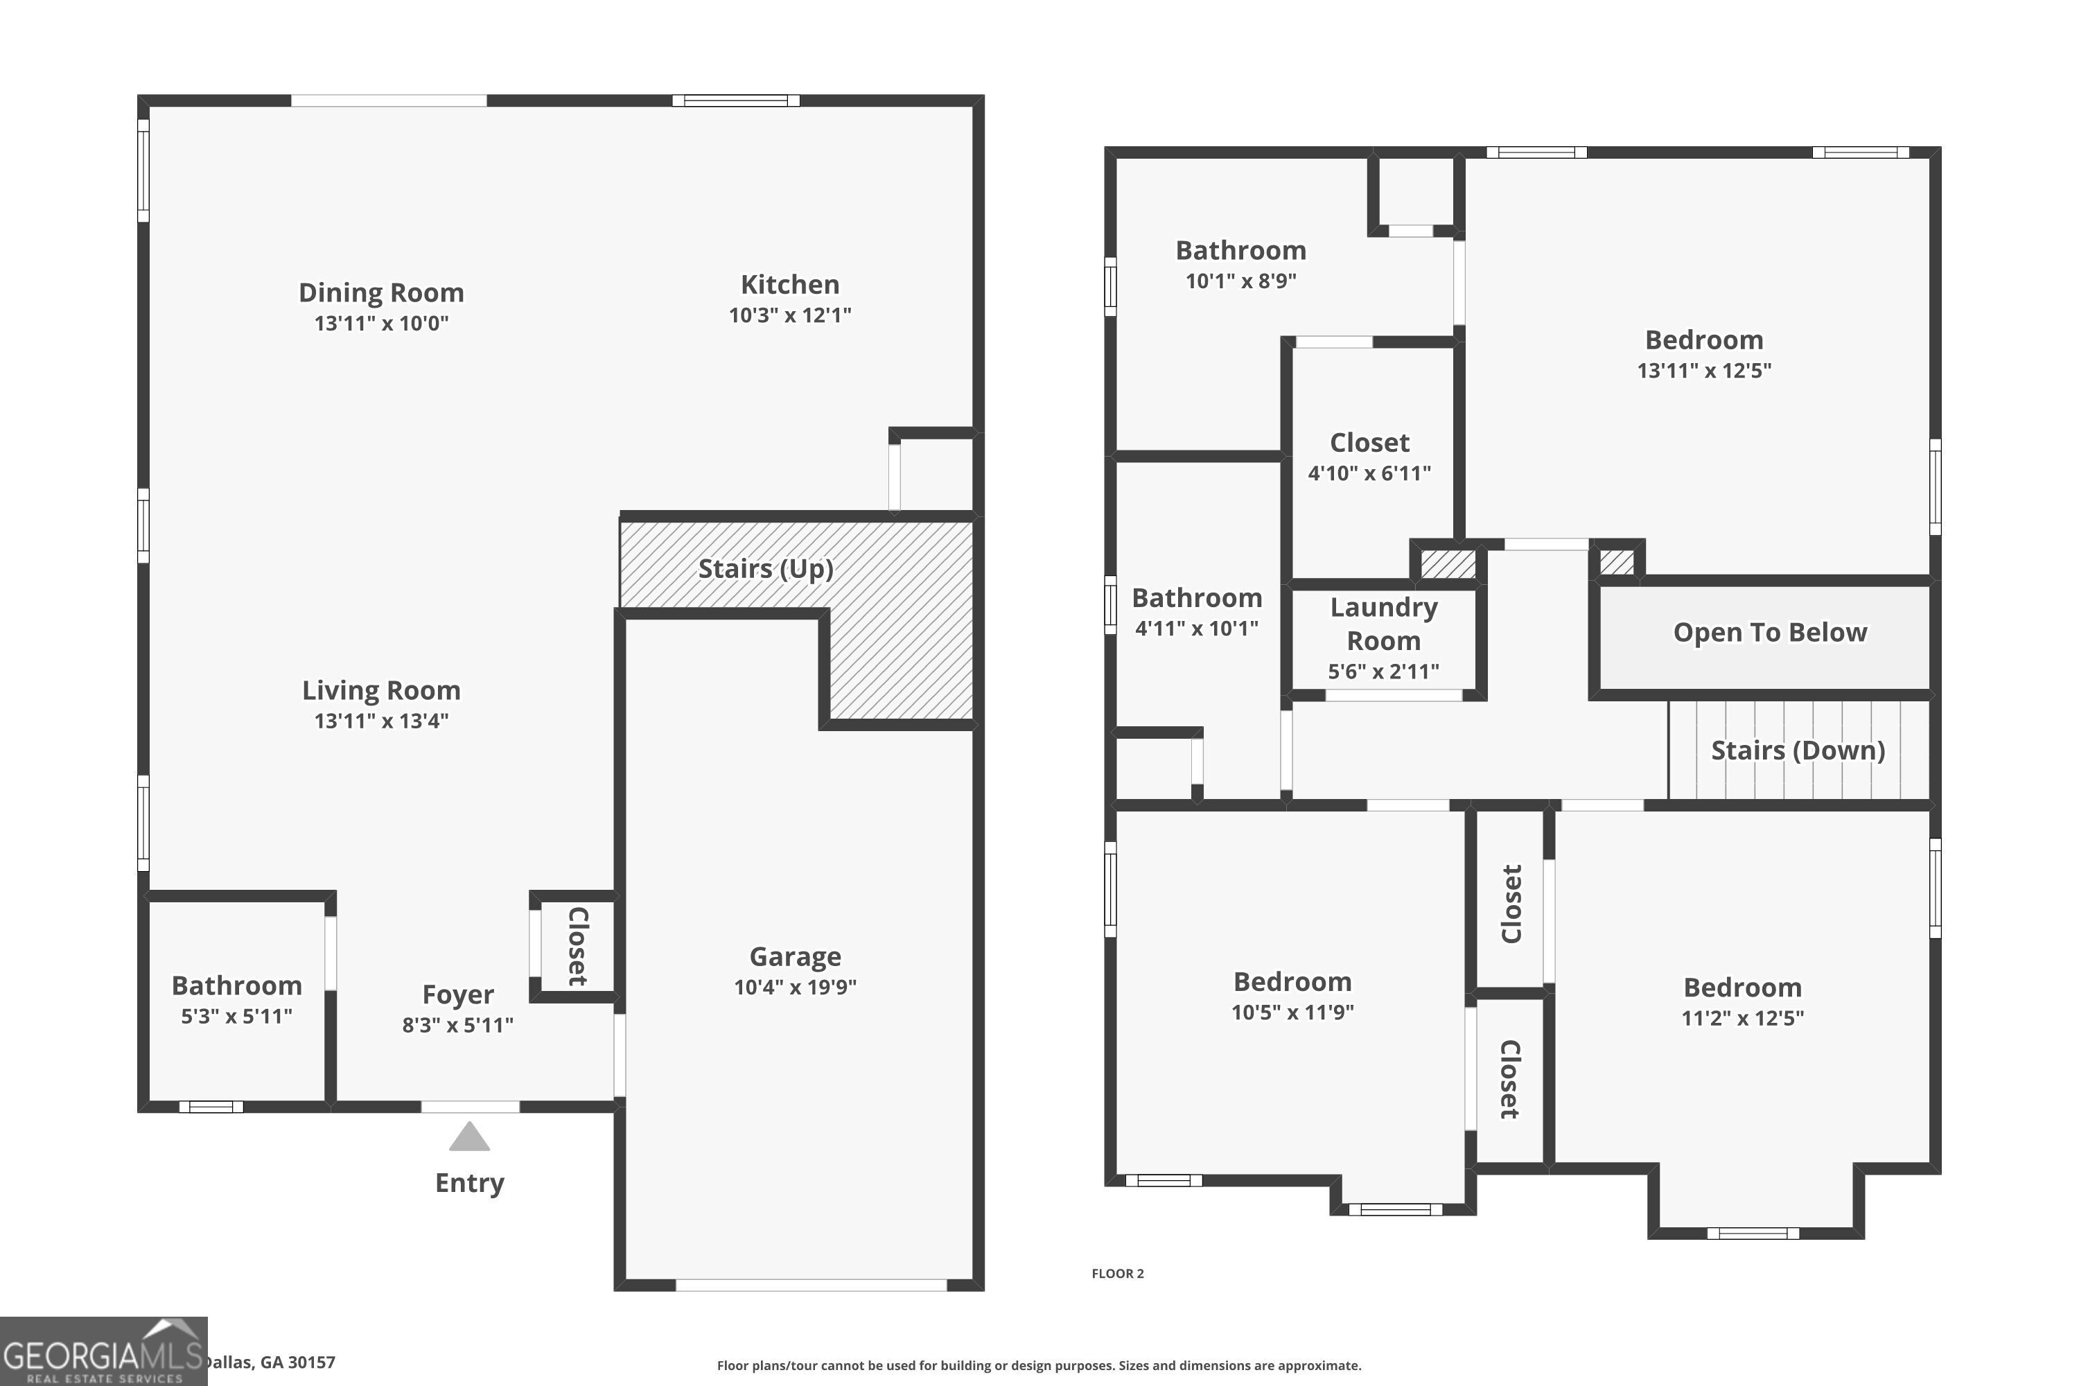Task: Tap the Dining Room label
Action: pyautogui.click(x=381, y=292)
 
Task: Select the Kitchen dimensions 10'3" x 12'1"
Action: pyautogui.click(x=789, y=315)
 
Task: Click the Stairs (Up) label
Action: pyautogui.click(x=766, y=568)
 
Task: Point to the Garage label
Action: pyautogui.click(x=795, y=956)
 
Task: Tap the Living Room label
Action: pyautogui.click(x=381, y=690)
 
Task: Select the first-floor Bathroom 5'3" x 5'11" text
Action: pyautogui.click(x=236, y=1017)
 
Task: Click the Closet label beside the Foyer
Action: pyautogui.click(x=577, y=946)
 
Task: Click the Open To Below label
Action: pyautogui.click(x=1770, y=633)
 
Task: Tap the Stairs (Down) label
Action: pyautogui.click(x=1798, y=751)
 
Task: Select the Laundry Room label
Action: pyautogui.click(x=1383, y=624)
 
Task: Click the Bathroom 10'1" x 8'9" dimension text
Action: pyautogui.click(x=1240, y=281)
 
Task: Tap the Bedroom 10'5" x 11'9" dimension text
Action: pyautogui.click(x=1292, y=1012)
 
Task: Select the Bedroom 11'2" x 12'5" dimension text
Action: pyautogui.click(x=1742, y=1018)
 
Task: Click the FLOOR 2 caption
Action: pyautogui.click(x=1117, y=1274)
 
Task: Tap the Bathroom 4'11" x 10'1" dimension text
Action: pyautogui.click(x=1196, y=629)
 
